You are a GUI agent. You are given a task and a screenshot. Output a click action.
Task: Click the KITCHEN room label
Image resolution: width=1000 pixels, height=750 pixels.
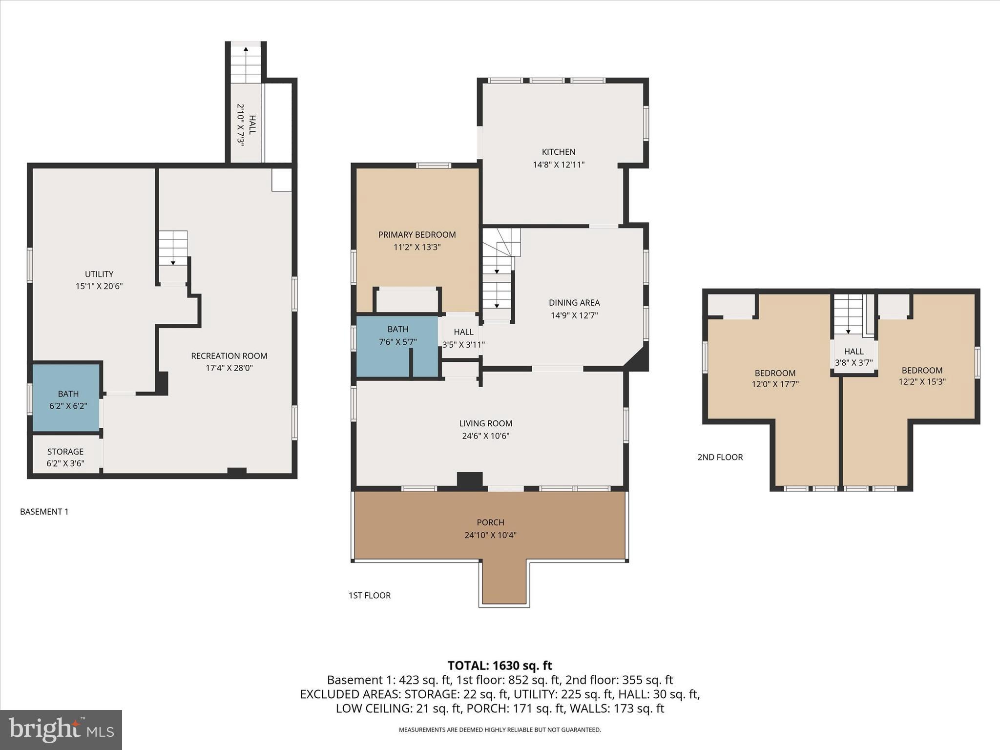tap(559, 152)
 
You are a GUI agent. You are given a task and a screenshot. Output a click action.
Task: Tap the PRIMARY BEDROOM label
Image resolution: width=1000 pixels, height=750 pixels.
tap(417, 235)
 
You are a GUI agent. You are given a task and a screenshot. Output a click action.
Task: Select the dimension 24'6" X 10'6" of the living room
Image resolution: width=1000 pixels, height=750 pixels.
tap(485, 436)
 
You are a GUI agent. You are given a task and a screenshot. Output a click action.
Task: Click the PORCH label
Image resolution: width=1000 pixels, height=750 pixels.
tap(490, 522)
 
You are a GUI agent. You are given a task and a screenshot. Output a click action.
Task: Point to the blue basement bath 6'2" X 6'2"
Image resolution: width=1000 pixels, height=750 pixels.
tap(68, 399)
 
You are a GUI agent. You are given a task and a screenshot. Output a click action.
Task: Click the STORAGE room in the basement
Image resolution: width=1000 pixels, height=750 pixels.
tap(65, 457)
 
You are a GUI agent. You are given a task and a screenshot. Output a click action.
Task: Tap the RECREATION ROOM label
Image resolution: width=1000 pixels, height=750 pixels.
tap(229, 356)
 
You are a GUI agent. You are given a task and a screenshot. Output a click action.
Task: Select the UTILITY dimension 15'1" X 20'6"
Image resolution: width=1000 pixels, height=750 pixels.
tap(99, 287)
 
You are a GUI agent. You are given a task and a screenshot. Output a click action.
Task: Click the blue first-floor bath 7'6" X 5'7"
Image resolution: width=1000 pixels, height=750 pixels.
tap(397, 335)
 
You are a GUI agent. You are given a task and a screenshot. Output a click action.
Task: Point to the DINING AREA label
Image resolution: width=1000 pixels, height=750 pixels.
tap(574, 303)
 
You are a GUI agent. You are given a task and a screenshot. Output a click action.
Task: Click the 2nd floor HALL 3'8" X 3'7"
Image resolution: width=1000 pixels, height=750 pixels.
tap(854, 357)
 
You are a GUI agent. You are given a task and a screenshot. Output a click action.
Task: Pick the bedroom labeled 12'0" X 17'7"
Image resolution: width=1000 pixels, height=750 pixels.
tap(775, 378)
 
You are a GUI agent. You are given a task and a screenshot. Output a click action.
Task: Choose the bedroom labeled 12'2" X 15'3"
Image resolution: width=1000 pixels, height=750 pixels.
tap(922, 376)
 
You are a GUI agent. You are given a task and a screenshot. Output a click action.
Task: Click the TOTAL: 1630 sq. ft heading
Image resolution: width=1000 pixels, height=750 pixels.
tap(500, 666)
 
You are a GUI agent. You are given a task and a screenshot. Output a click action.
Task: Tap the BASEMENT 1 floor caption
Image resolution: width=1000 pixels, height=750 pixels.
tap(44, 512)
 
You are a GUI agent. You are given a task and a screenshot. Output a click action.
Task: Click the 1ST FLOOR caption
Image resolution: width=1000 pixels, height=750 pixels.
tap(370, 595)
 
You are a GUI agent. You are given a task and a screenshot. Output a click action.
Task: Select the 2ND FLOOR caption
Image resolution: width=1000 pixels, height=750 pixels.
tap(720, 457)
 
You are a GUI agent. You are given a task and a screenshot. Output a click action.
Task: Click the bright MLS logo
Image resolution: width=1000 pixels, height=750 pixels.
tap(61, 729)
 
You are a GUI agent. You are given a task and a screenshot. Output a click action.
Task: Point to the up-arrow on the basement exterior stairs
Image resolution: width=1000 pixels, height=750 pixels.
tap(246, 49)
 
